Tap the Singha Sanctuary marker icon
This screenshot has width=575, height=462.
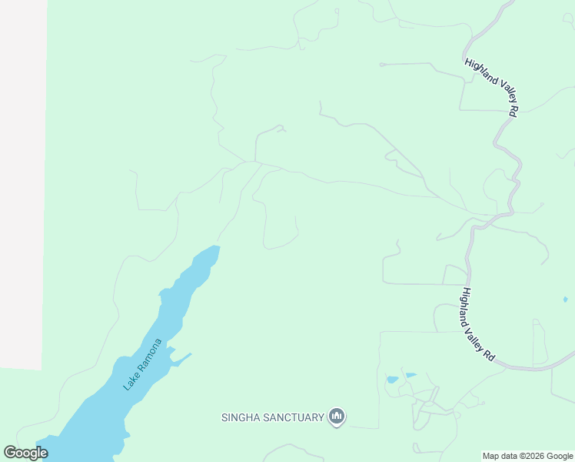(336, 417)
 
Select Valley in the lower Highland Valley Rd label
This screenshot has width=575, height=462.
(480, 338)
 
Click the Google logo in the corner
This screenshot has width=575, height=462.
(25, 453)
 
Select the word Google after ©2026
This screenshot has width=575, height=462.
(560, 456)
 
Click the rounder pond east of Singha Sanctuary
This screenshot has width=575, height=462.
(393, 380)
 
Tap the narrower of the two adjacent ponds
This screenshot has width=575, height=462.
(410, 375)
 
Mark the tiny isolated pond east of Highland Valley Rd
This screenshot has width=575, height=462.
(565, 300)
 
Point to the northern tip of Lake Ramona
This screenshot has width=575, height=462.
(215, 248)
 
